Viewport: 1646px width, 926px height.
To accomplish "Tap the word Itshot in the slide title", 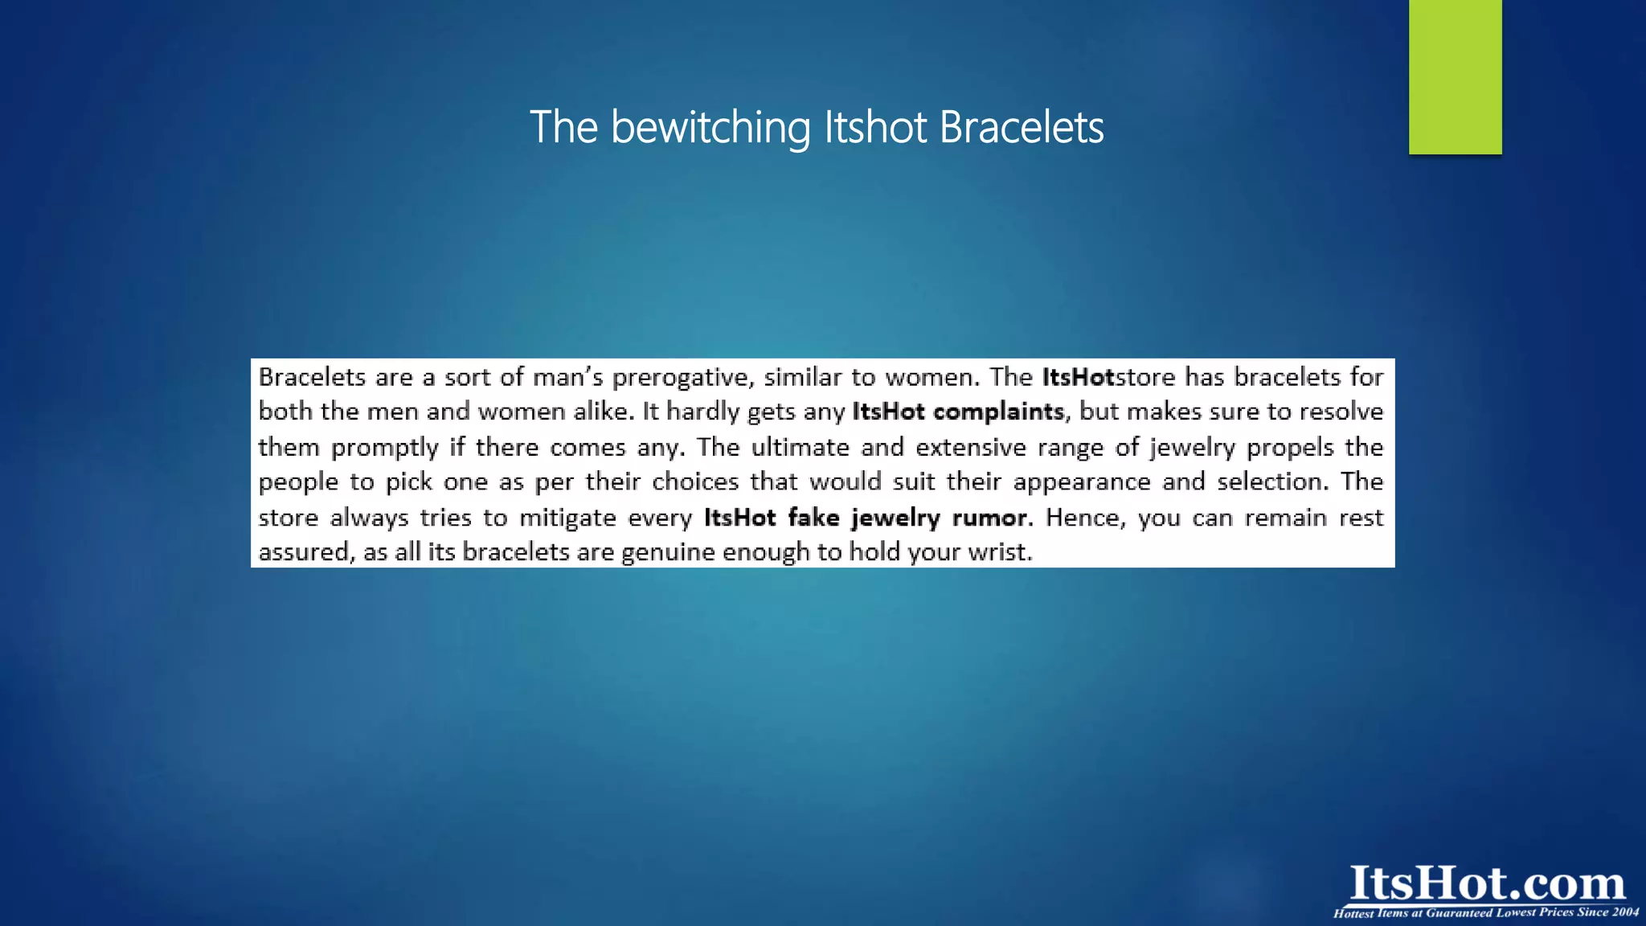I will (876, 128).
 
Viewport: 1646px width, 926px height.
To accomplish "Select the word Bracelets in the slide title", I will (1022, 128).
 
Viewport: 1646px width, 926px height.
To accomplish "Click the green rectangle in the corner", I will (1455, 76).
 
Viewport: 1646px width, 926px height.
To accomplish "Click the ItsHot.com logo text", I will (1487, 883).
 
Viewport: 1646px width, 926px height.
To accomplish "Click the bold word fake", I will (813, 518).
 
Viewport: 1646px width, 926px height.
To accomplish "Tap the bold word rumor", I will (989, 518).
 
